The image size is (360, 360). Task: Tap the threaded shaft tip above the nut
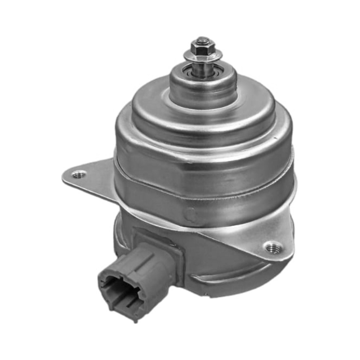[x=203, y=39]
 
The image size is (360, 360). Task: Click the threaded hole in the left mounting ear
[x=78, y=175]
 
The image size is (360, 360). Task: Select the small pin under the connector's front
[x=135, y=320]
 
